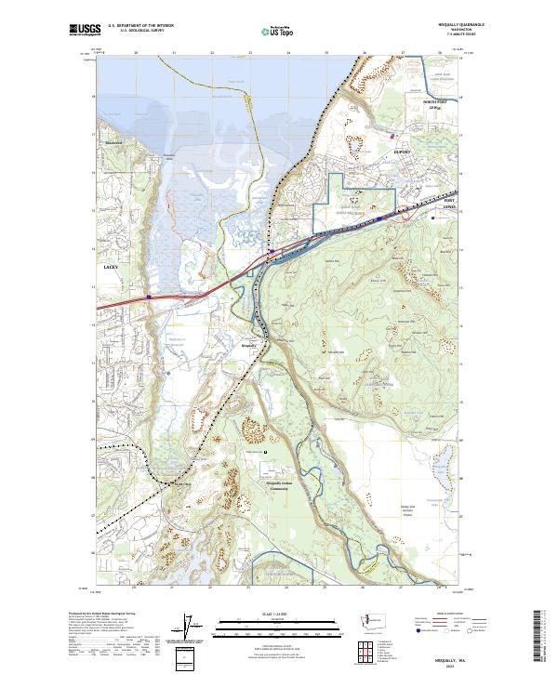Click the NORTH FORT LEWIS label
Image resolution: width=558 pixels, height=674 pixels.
click(x=430, y=104)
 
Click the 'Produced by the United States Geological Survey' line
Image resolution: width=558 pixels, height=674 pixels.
click(x=98, y=613)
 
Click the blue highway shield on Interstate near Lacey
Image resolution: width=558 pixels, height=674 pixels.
click(x=148, y=297)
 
